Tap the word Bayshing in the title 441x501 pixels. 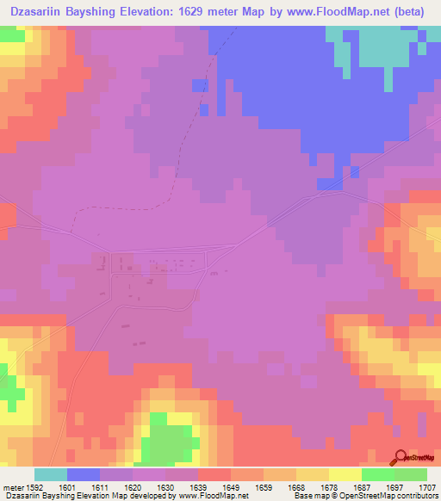coord(109,12)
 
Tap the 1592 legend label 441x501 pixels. coord(34,486)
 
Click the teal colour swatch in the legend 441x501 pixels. coord(51,474)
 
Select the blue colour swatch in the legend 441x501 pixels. coord(84,474)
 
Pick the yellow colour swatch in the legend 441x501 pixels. coord(345,474)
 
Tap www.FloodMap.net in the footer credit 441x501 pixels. coord(212,496)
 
